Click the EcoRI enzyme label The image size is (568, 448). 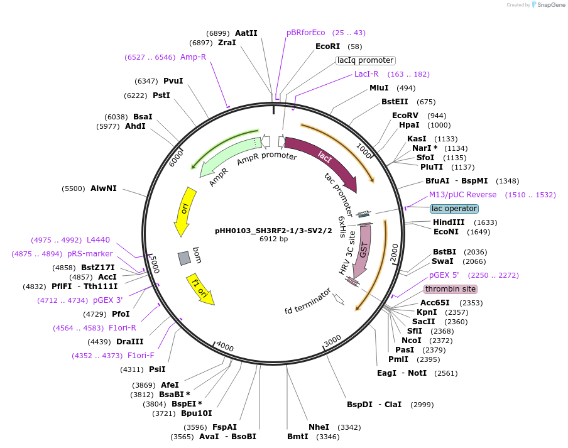tap(327, 46)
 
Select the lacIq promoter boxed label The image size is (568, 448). tap(365, 60)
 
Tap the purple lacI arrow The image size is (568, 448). tap(323, 158)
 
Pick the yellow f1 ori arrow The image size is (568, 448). tap(200, 290)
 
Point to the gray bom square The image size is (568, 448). tap(184, 258)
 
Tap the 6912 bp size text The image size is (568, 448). tap(273, 239)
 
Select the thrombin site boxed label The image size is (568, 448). tap(450, 289)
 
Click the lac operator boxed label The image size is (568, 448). tap(454, 208)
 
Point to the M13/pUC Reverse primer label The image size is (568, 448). tap(462, 195)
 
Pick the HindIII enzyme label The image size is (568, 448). tap(449, 222)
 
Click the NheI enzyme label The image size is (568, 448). tap(319, 427)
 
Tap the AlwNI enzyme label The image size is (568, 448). tap(103, 188)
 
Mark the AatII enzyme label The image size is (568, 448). tap(246, 33)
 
